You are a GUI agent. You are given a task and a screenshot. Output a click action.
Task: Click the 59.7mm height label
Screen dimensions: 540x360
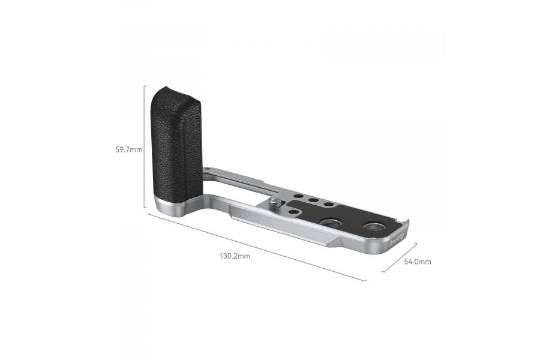pos(129,150)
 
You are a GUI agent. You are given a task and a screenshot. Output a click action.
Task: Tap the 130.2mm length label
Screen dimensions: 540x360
pos(235,256)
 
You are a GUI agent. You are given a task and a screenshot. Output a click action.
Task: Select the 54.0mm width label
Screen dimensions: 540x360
pos(418,262)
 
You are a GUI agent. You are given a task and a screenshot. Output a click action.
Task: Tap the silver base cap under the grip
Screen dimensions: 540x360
pos(171,206)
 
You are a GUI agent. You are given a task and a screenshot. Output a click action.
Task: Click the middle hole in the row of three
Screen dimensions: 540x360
pos(313,200)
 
